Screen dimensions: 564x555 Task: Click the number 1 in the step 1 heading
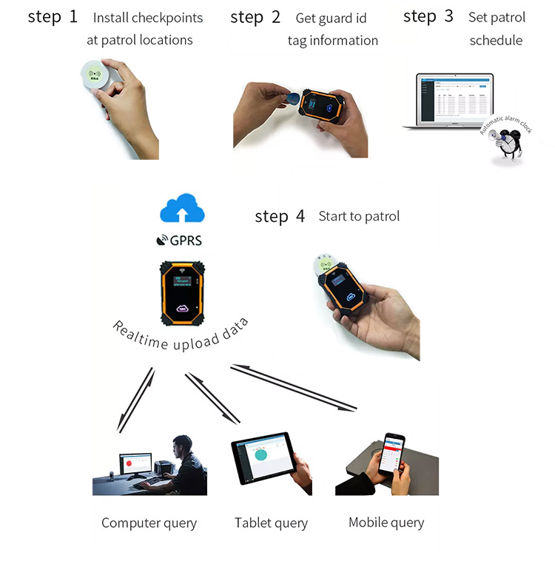pos(73,16)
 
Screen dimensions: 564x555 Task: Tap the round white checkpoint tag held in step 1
pos(95,76)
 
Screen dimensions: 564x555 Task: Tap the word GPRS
pos(186,241)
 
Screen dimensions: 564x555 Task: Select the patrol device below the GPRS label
pos(181,290)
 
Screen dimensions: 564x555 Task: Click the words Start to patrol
pos(359,216)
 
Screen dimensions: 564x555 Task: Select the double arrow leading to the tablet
pos(212,398)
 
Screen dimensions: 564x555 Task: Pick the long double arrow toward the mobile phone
pos(294,386)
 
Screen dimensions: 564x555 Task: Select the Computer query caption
pos(149,523)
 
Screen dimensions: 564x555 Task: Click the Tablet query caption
pos(271,523)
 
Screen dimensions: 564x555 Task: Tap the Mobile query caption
pos(386,523)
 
